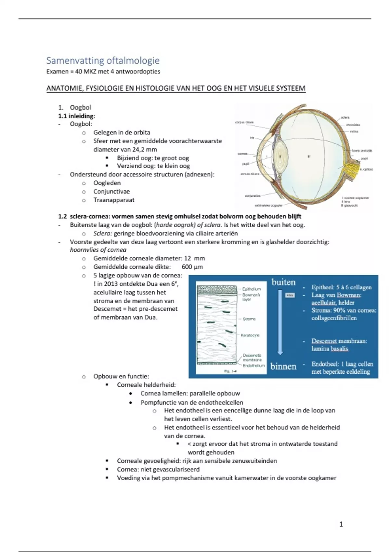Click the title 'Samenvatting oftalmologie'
103,60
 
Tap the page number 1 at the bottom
341,524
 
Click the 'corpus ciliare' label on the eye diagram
244,122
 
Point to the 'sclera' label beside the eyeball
345,118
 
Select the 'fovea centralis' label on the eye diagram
362,151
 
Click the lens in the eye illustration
280,156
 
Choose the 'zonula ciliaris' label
250,174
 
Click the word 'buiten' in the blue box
283,282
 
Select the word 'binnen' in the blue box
283,367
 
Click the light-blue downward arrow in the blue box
280,321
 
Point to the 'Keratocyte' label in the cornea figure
250,335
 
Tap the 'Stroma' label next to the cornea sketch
249,319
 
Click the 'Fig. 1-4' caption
230,371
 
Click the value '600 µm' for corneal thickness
192,267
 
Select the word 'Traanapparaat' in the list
114,200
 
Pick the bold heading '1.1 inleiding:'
77,116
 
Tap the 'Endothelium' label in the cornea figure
253,365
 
